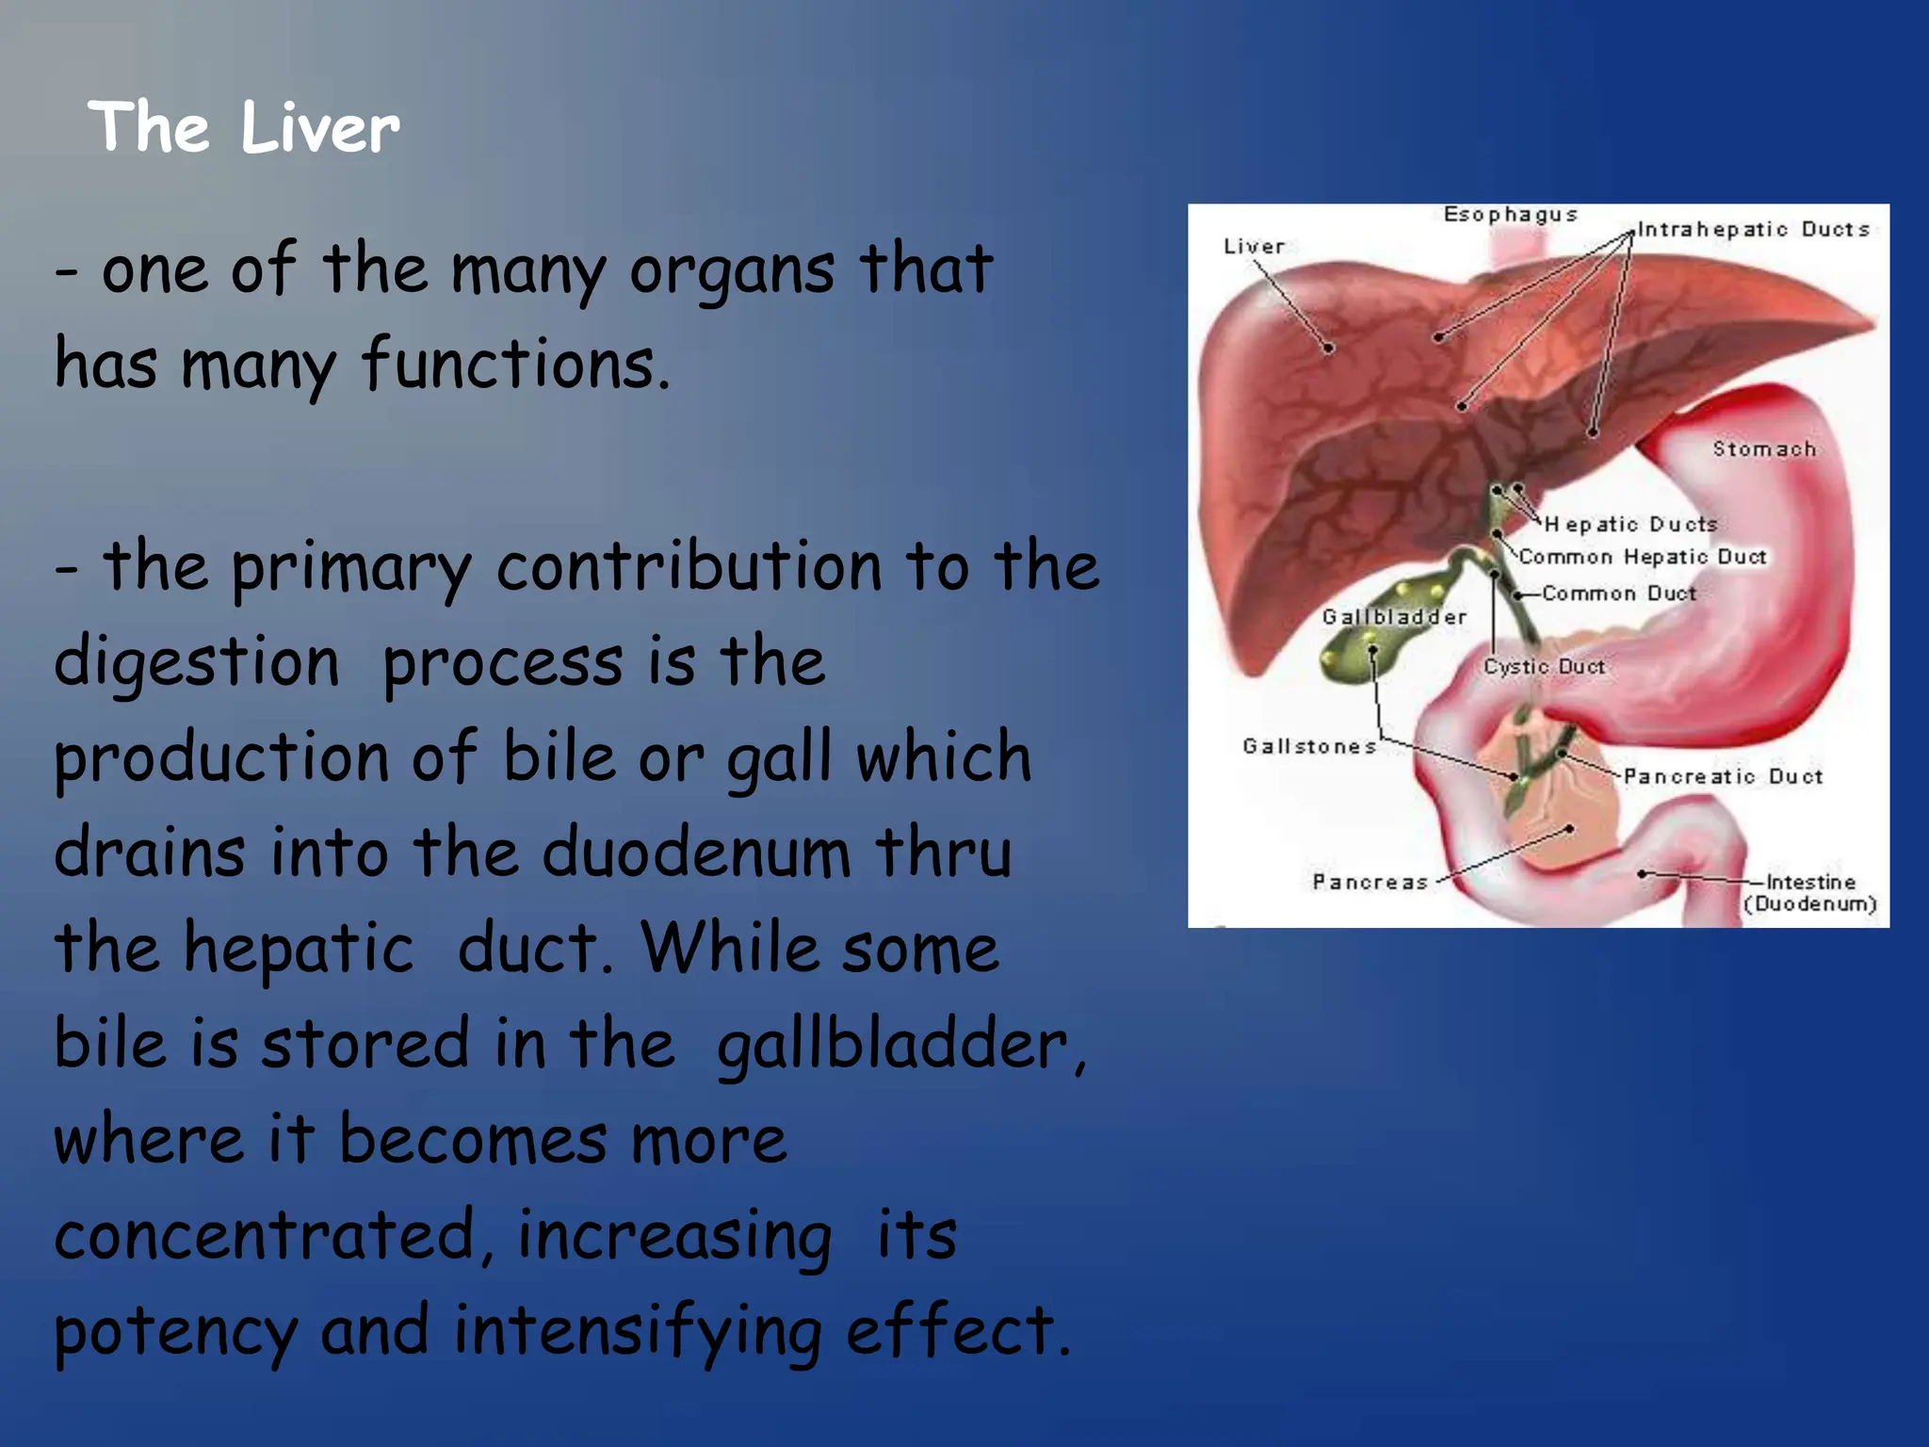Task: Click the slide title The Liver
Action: [x=244, y=127]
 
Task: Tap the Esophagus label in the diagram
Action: [x=1510, y=215]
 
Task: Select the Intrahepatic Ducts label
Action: [x=1753, y=230]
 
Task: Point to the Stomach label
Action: [x=1763, y=449]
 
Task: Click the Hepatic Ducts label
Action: [x=1630, y=525]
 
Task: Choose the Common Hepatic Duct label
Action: [x=1642, y=558]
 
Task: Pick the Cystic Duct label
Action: [x=1544, y=667]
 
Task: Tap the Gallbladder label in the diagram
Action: [x=1394, y=618]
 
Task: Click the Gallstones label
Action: [x=1309, y=747]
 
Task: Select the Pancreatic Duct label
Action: [x=1723, y=777]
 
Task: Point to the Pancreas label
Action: [x=1370, y=883]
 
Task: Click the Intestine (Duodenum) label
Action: [x=1809, y=893]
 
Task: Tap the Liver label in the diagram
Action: [x=1254, y=247]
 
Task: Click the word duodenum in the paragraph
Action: [x=696, y=853]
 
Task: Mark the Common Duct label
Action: [x=1618, y=593]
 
